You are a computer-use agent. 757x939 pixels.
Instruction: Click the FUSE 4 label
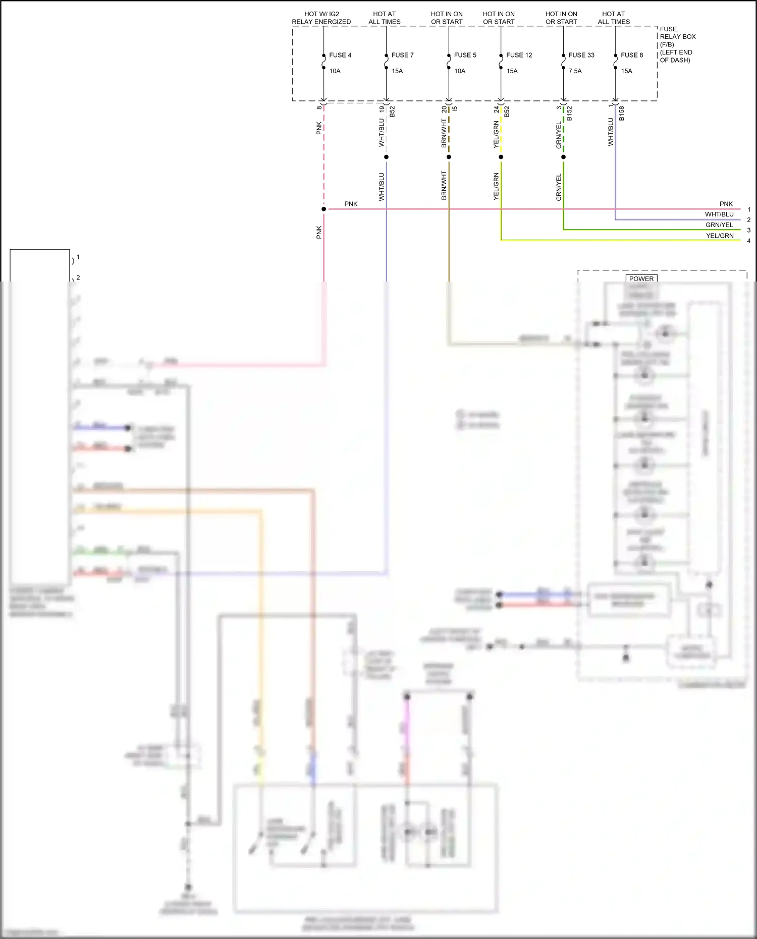(x=340, y=55)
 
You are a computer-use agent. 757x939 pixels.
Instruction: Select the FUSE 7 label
(x=402, y=55)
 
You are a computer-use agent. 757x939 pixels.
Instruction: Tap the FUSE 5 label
(x=465, y=55)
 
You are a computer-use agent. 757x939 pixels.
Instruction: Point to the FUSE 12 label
(x=519, y=55)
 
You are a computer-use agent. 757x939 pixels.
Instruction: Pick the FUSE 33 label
(x=581, y=55)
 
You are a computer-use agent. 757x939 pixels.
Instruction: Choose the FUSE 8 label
(x=632, y=55)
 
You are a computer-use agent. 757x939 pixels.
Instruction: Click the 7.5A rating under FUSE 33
(x=575, y=71)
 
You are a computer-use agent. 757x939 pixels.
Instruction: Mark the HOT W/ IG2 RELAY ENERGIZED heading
(x=321, y=18)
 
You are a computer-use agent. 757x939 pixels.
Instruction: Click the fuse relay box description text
(x=677, y=44)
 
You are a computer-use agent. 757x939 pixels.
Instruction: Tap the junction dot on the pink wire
(x=323, y=209)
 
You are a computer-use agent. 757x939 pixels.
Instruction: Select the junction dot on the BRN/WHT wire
(x=449, y=157)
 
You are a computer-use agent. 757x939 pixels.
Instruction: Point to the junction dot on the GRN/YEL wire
(x=563, y=157)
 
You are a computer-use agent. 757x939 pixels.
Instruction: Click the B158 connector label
(x=622, y=113)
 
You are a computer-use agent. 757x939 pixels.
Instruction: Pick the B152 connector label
(x=569, y=113)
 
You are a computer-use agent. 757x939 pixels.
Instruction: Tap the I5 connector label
(x=455, y=108)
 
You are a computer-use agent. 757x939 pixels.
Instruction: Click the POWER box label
(x=641, y=279)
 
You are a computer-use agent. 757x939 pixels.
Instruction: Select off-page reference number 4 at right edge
(x=749, y=241)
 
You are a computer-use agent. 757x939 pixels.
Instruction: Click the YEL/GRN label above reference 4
(x=720, y=236)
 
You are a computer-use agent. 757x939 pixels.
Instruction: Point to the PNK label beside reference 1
(x=726, y=204)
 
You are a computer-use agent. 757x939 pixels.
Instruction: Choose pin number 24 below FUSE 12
(x=497, y=109)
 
